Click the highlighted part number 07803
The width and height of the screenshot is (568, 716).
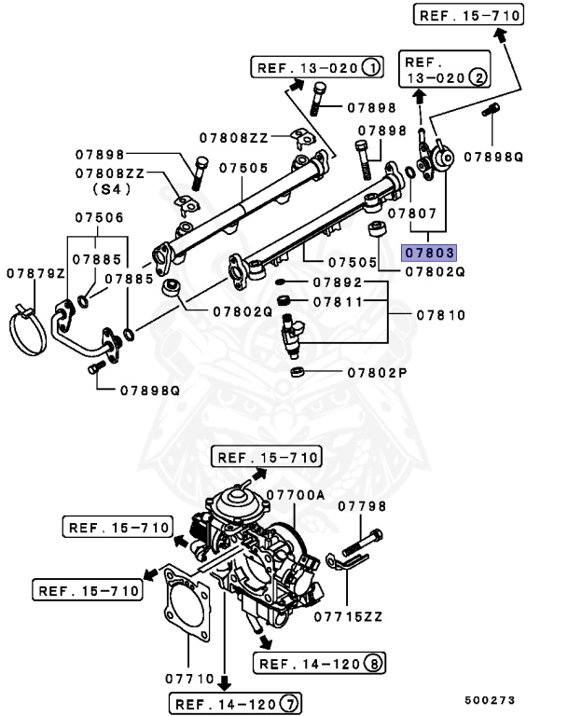[x=428, y=252]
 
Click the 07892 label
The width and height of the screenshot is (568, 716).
[x=336, y=282]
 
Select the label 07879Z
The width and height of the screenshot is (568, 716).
[x=35, y=273]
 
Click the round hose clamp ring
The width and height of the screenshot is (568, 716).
[x=31, y=330]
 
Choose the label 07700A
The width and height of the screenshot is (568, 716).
[x=295, y=495]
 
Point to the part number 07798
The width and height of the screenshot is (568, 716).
[x=362, y=505]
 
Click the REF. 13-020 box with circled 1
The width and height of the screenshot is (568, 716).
[x=316, y=67]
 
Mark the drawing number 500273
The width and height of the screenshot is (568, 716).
[x=490, y=699]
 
